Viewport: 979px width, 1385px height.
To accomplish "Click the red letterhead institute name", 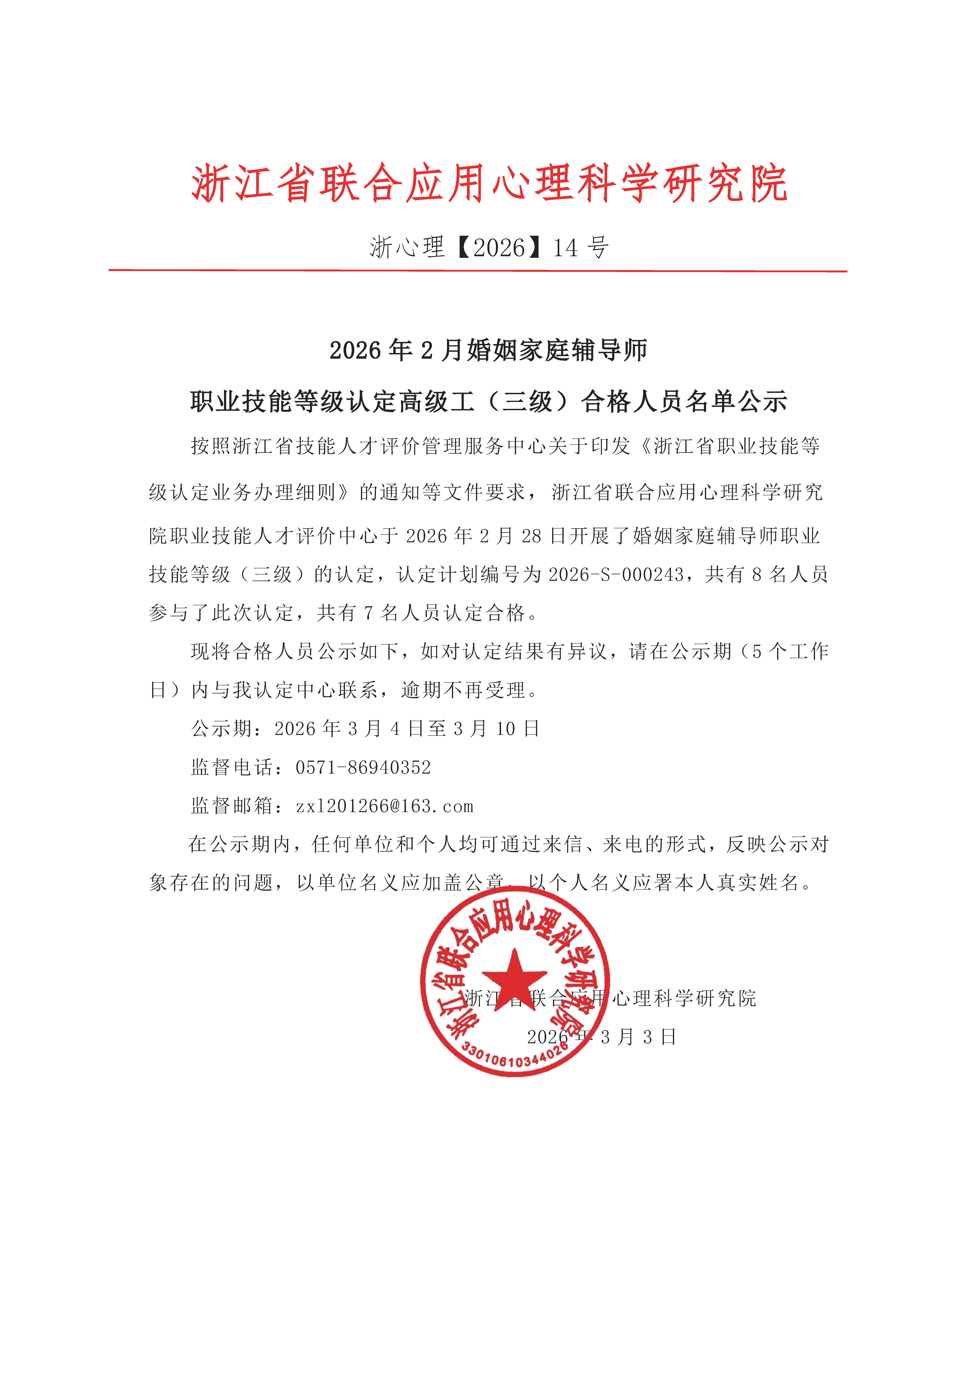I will [489, 183].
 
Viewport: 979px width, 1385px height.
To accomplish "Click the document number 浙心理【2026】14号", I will [489, 247].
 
